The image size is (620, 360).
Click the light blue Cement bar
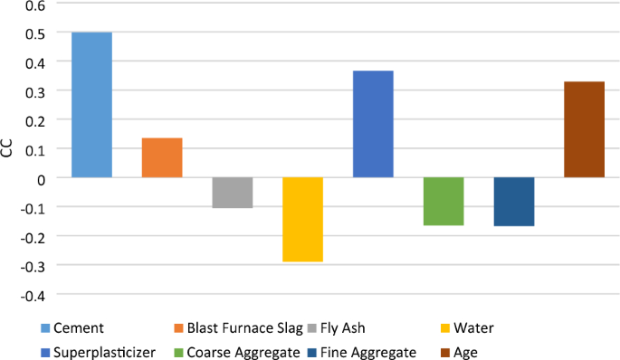click(91, 105)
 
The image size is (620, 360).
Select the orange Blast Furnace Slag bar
click(162, 157)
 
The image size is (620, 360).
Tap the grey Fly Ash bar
click(233, 193)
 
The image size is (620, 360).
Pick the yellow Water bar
click(302, 220)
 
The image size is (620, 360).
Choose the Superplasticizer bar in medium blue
click(373, 124)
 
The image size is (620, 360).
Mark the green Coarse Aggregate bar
click(444, 201)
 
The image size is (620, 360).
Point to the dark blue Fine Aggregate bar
click(514, 202)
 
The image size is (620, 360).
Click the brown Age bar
click(584, 129)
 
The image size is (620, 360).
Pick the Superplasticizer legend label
click(103, 352)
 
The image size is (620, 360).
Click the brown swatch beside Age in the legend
click(446, 352)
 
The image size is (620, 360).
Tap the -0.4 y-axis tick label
click(30, 294)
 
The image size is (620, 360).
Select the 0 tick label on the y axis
click(39, 178)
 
